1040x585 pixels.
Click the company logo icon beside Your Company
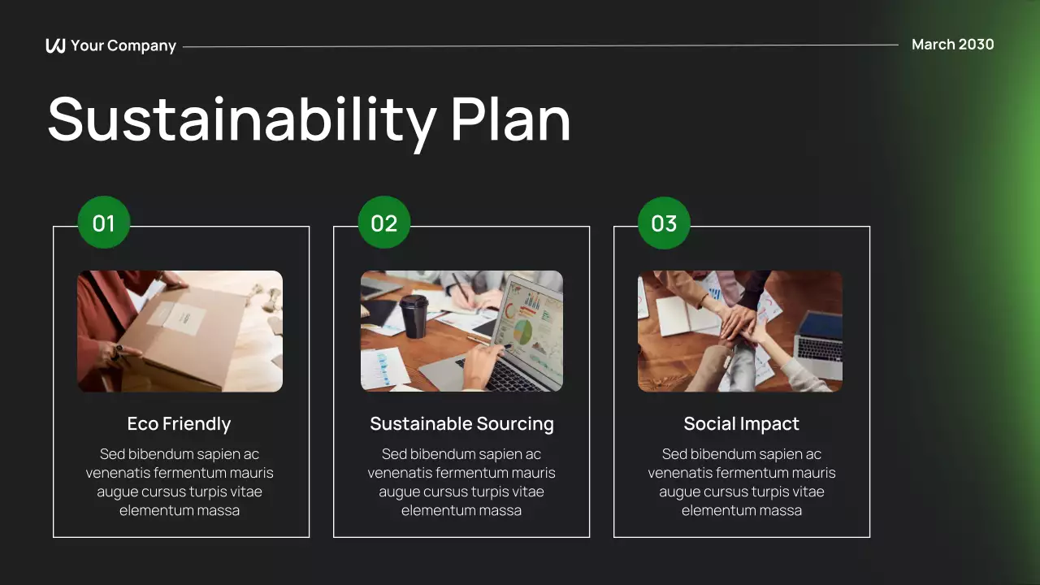[55, 45]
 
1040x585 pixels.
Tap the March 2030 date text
[952, 45]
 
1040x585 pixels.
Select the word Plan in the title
[510, 119]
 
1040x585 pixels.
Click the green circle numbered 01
[104, 223]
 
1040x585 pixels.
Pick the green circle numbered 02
[384, 223]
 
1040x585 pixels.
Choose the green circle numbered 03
[664, 223]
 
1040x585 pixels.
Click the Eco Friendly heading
[179, 423]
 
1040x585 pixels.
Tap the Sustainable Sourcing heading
[461, 423]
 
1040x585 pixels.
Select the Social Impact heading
[741, 423]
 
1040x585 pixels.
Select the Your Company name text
[123, 45]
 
